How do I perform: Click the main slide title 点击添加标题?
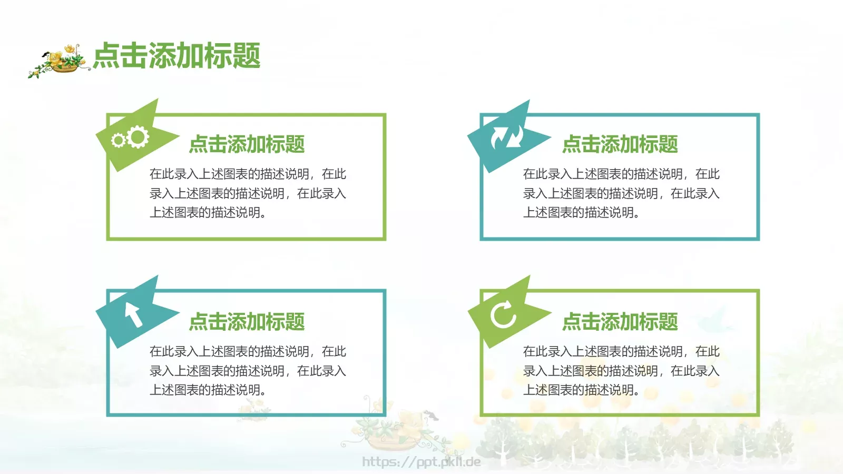coord(177,56)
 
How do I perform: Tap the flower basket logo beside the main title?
coord(58,61)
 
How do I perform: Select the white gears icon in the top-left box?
coord(131,138)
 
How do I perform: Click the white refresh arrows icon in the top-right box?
coord(507,137)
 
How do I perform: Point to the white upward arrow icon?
coord(133,314)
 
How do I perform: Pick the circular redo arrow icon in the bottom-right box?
coord(504,314)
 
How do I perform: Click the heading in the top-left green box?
coord(247,144)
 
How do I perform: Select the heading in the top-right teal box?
coord(620,144)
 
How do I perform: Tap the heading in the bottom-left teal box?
coord(247,322)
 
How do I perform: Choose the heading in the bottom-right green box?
coord(620,322)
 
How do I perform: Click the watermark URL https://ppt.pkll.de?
coord(421,462)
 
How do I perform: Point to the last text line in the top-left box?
coord(208,213)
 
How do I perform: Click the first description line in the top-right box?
coord(621,174)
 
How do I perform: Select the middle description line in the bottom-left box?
coord(248,371)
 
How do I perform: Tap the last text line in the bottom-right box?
coord(581,390)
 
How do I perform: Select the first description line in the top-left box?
coord(248,174)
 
